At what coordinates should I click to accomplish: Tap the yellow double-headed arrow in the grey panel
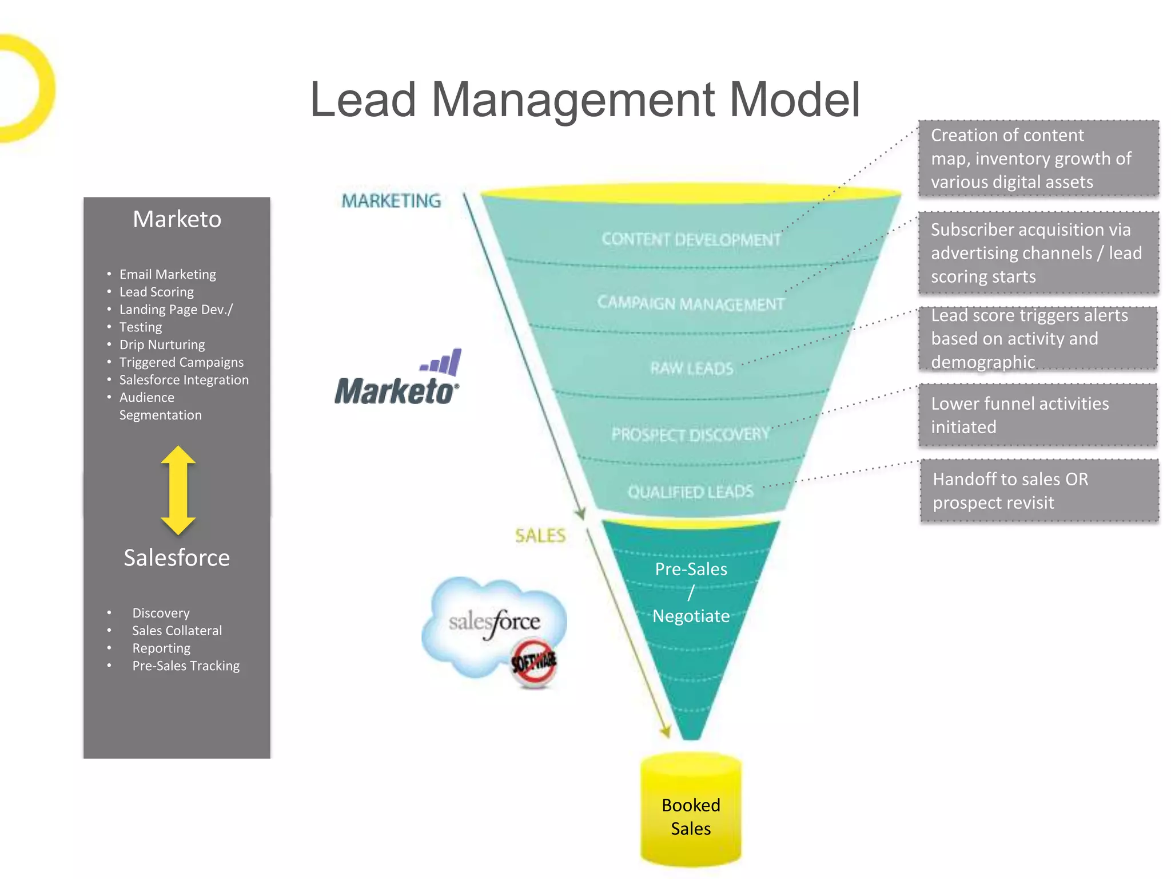point(178,490)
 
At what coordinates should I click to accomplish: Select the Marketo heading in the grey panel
point(177,219)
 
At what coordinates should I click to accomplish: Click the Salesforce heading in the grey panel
point(177,557)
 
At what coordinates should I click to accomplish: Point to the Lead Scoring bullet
point(156,292)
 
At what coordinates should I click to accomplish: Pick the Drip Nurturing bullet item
point(162,345)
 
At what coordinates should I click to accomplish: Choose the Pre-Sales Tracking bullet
point(186,666)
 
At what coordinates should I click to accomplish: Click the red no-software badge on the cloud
point(533,664)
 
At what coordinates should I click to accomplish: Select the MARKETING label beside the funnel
point(391,201)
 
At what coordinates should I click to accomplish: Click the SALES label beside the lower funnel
point(540,536)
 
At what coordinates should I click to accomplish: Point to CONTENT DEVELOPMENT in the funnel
point(691,239)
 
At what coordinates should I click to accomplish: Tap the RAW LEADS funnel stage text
point(691,369)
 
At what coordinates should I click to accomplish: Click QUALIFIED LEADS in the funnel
point(690,492)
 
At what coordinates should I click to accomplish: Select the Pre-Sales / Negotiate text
point(691,592)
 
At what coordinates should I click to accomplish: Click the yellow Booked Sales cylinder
point(691,813)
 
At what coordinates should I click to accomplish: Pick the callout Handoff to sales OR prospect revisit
point(1039,490)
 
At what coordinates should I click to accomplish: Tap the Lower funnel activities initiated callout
point(1038,415)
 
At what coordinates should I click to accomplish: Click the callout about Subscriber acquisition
point(1038,252)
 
